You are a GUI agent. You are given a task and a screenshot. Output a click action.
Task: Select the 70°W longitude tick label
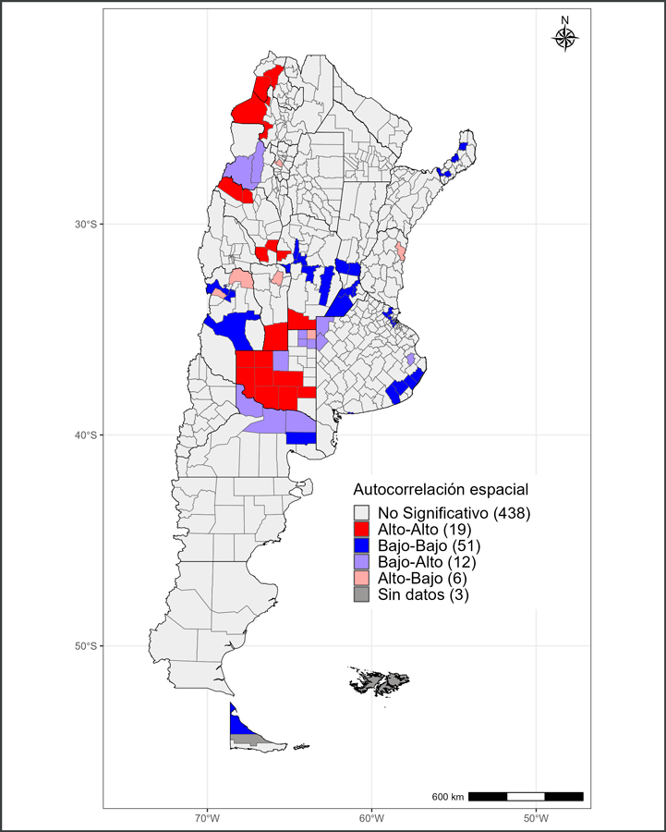tap(207, 818)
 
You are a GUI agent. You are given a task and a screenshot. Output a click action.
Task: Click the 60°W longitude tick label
tap(371, 818)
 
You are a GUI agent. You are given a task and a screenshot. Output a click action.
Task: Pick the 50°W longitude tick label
tap(536, 818)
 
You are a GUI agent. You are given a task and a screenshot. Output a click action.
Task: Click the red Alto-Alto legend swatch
tap(362, 529)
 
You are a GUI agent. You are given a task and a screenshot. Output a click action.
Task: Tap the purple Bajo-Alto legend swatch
tap(362, 562)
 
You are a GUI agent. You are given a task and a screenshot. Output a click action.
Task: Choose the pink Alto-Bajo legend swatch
tap(362, 579)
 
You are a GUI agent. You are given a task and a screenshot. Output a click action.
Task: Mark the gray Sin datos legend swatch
tap(362, 595)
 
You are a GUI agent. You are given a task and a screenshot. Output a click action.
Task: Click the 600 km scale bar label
tap(448, 797)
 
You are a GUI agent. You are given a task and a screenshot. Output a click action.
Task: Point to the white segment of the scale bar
tap(526, 796)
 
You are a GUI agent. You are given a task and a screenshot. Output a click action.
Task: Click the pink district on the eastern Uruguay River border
tap(401, 251)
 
